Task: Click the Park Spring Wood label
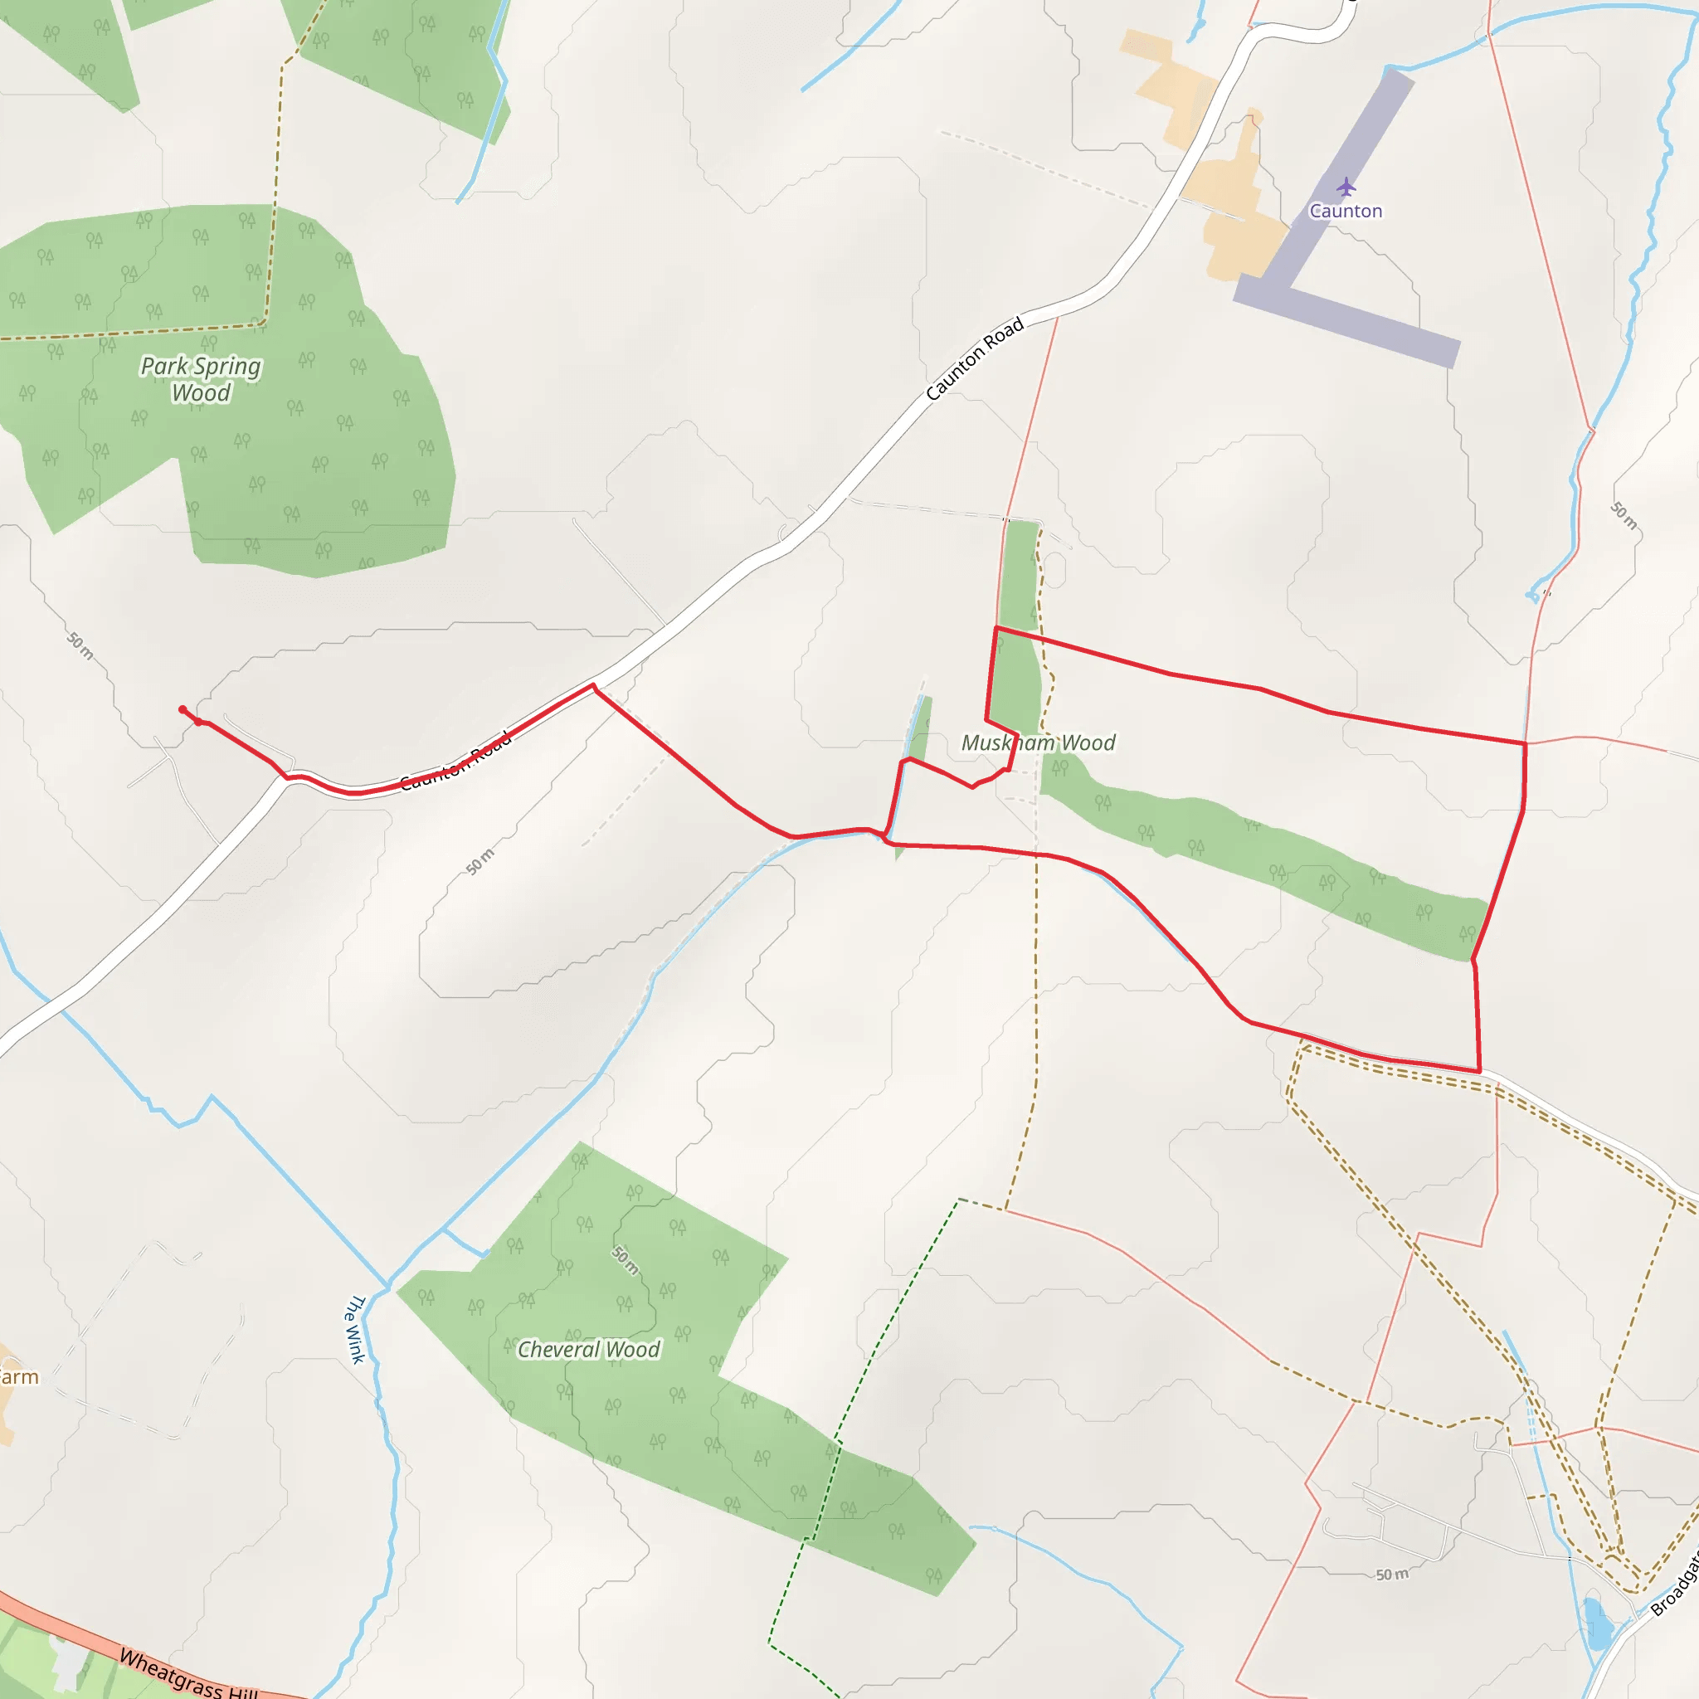[x=201, y=379]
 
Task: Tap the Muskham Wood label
[x=1038, y=743]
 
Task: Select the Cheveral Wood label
[x=588, y=1349]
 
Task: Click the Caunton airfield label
[x=1346, y=211]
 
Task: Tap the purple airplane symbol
[x=1346, y=187]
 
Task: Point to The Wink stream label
[x=353, y=1328]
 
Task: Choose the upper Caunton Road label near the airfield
[x=976, y=358]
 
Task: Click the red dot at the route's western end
[x=182, y=709]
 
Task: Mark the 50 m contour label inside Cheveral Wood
[x=626, y=1259]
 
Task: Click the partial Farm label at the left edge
[x=17, y=1377]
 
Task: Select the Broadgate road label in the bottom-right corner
[x=1676, y=1584]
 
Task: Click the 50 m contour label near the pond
[x=1391, y=1574]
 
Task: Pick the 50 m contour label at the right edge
[x=1624, y=515]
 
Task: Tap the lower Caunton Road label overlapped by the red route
[x=455, y=762]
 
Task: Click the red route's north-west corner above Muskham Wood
[x=996, y=628]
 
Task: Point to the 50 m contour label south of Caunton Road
[x=480, y=862]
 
